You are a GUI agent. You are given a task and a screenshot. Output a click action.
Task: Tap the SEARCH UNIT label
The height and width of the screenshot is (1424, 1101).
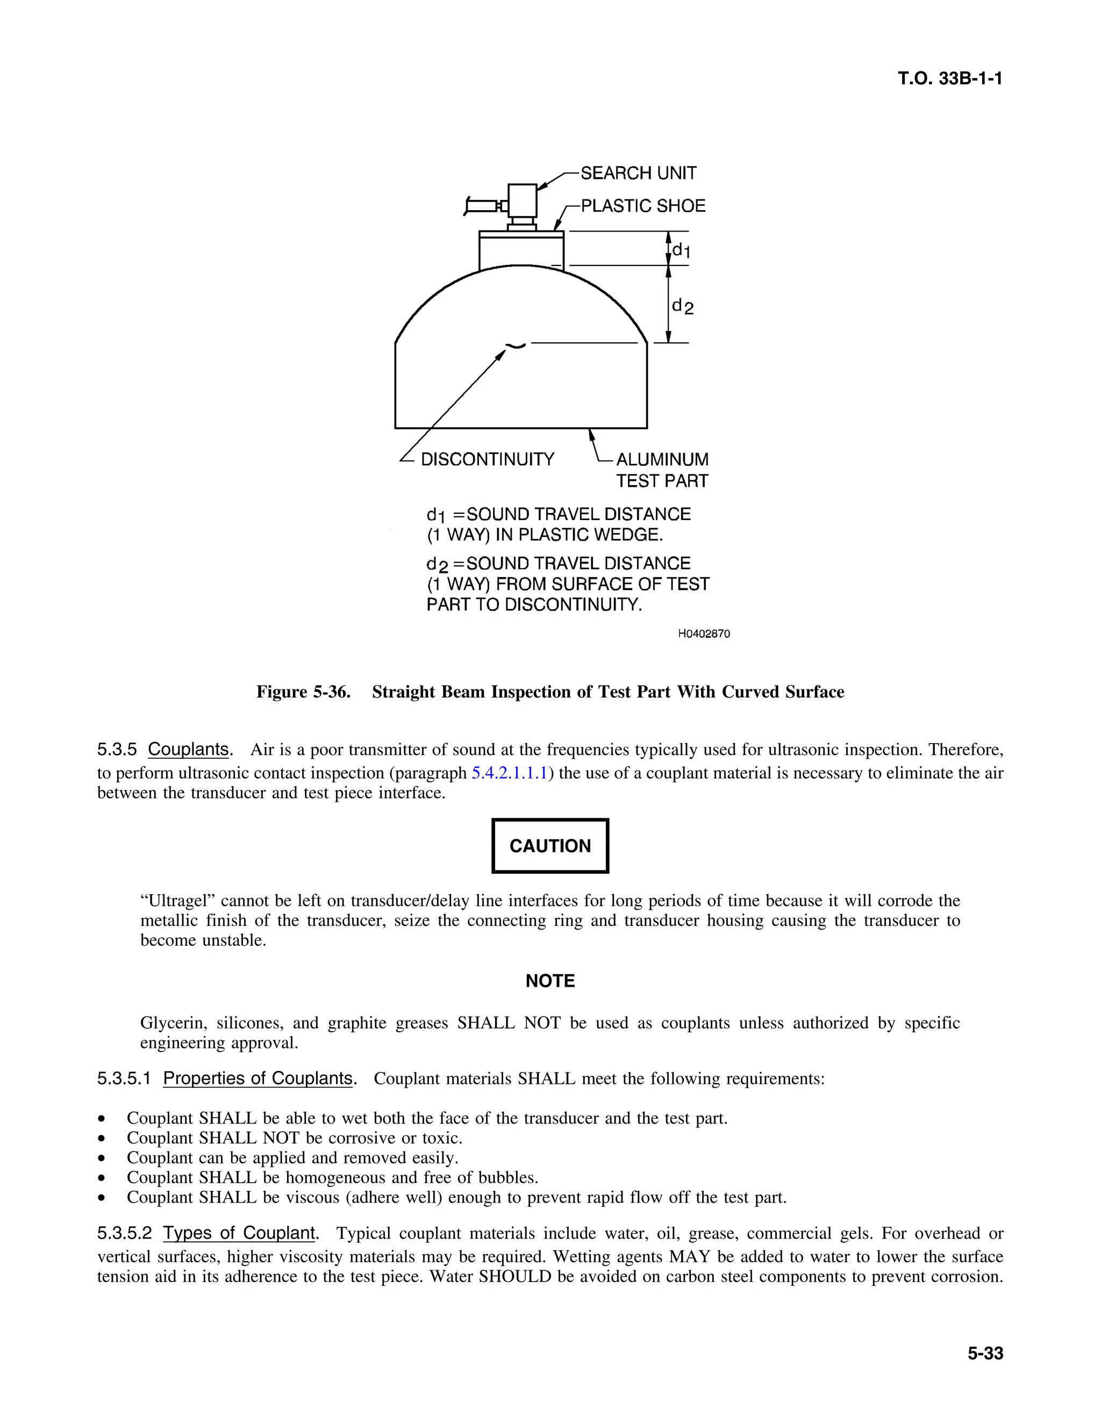click(x=638, y=174)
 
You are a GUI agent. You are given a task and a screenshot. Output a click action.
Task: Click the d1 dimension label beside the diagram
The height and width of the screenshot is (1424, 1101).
click(x=681, y=250)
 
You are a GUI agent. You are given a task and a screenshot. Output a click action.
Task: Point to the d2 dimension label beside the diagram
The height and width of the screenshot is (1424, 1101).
click(x=682, y=306)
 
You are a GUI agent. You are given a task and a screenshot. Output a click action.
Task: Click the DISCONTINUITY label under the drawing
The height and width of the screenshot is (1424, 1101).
click(x=487, y=459)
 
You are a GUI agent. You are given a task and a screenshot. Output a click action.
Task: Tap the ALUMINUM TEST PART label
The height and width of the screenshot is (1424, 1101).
click(x=662, y=470)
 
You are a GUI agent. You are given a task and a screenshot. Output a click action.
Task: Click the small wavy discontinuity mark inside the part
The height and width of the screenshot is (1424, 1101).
click(x=515, y=346)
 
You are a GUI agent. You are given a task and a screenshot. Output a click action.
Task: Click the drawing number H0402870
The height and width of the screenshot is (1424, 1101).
click(x=704, y=634)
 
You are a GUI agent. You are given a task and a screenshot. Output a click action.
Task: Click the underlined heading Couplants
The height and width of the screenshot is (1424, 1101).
click(x=189, y=750)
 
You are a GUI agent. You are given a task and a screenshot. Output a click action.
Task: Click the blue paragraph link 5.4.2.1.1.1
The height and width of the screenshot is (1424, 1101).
click(x=509, y=773)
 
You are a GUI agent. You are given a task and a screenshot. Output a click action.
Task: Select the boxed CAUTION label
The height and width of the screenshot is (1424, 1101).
click(x=550, y=846)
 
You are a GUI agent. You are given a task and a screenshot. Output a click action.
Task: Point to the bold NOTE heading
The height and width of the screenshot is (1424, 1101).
click(x=550, y=981)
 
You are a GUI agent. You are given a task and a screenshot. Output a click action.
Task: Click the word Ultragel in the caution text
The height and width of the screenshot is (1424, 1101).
click(x=177, y=901)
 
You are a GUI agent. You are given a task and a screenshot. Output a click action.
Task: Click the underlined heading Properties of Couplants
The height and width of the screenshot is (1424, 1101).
click(x=258, y=1078)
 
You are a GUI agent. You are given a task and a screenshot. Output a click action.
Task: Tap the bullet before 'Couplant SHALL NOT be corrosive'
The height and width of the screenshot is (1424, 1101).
click(x=101, y=1139)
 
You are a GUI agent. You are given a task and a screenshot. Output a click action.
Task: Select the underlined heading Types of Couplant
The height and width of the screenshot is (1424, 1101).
click(x=239, y=1234)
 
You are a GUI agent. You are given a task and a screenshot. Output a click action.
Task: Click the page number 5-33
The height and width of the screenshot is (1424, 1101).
click(x=985, y=1354)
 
